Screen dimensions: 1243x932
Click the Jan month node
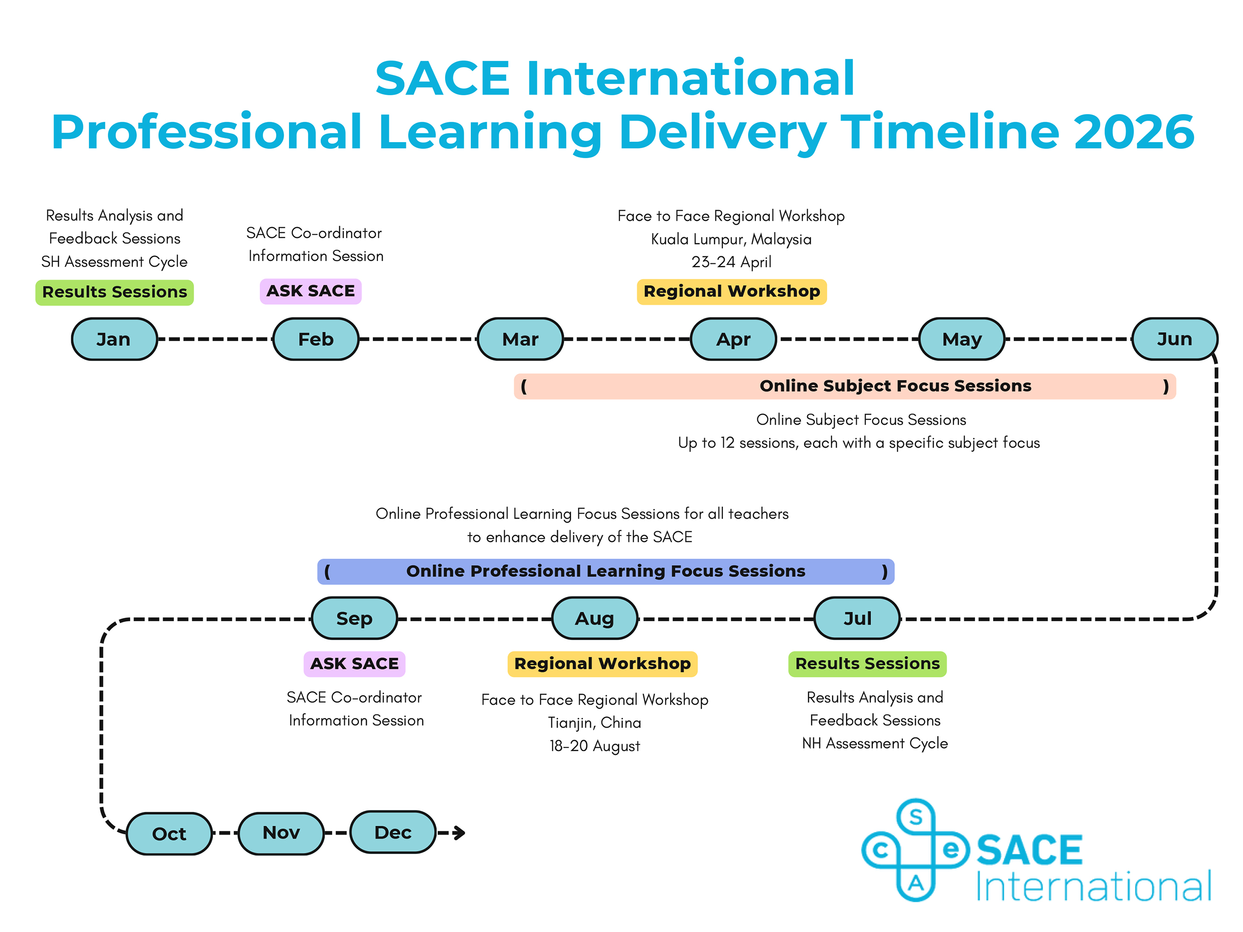coord(114,339)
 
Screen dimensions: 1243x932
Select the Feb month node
coord(316,339)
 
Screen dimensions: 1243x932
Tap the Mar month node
coord(520,339)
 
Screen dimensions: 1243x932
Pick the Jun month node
coord(1174,339)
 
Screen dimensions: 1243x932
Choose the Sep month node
coord(355,618)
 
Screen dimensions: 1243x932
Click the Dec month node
coord(393,832)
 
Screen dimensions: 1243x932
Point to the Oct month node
coord(169,834)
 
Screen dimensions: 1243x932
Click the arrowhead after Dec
coord(460,833)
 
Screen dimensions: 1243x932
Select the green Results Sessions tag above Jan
coord(115,292)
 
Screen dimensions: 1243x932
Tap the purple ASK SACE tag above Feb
coord(311,291)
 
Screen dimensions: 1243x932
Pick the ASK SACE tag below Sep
coord(355,664)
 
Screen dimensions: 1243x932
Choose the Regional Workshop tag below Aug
coord(603,664)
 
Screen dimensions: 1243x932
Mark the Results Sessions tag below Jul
coord(868,664)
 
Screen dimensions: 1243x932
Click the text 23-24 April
coord(732,262)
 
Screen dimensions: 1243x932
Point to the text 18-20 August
coord(595,746)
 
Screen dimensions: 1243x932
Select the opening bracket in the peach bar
coord(524,386)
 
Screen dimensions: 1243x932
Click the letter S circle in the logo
coord(916,817)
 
